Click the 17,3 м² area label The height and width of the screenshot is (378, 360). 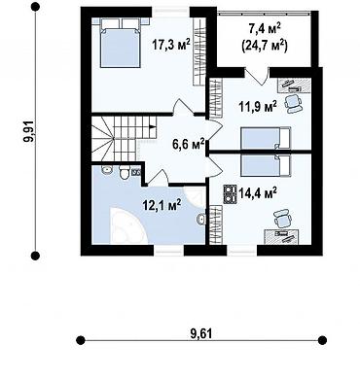click(171, 45)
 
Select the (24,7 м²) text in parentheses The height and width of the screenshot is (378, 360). click(265, 46)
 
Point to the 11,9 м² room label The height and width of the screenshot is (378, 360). click(258, 106)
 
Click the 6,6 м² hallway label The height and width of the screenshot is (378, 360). click(188, 144)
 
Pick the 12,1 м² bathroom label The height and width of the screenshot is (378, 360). click(162, 205)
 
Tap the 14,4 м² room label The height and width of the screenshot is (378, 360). click(258, 193)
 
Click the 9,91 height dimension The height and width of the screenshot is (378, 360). click(28, 131)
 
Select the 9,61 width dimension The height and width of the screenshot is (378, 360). click(200, 333)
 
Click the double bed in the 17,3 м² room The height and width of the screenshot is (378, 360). click(120, 43)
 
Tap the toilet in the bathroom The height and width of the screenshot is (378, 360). click(125, 172)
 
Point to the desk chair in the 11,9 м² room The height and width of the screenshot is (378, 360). click(294, 103)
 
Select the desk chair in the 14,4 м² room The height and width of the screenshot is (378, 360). click(282, 219)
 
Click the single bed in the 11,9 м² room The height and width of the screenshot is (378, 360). click(266, 138)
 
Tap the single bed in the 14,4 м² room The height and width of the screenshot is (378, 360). click(266, 165)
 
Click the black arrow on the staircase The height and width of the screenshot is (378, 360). click(152, 127)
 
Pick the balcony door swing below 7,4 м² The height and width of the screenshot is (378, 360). click(257, 77)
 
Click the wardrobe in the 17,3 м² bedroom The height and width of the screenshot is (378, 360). click(198, 52)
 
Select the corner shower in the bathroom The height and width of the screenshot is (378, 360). click(195, 197)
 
